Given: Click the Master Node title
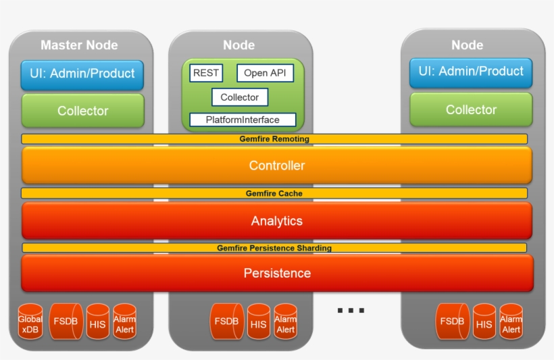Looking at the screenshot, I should pyautogui.click(x=79, y=45).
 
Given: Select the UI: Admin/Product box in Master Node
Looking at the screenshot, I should pyautogui.click(x=82, y=74).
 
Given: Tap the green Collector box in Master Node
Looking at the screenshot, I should pyautogui.click(x=82, y=111).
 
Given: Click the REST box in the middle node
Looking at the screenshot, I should pyautogui.click(x=206, y=73).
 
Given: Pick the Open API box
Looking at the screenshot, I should pyautogui.click(x=265, y=73).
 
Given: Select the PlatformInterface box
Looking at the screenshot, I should pyautogui.click(x=243, y=120).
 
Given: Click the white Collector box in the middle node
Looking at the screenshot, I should pyautogui.click(x=239, y=97).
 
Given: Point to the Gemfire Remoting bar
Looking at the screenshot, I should pyautogui.click(x=274, y=138).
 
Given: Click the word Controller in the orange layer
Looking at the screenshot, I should pyautogui.click(x=276, y=165).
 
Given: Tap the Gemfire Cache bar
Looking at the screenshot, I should pyautogui.click(x=274, y=193).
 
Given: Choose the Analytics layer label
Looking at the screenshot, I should pyautogui.click(x=276, y=221).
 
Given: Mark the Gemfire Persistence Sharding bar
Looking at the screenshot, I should pyautogui.click(x=274, y=248).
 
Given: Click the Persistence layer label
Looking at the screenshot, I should pyautogui.click(x=277, y=273).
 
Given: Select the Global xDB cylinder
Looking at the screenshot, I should pyautogui.click(x=30, y=322).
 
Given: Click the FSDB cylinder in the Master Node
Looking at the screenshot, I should pyautogui.click(x=66, y=322).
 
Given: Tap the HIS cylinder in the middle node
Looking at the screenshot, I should pyautogui.click(x=258, y=322).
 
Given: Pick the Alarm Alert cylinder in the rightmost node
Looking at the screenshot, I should pyautogui.click(x=511, y=322).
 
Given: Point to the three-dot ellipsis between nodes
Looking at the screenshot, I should pyautogui.click(x=351, y=311).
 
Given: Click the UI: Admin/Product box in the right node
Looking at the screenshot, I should pyautogui.click(x=470, y=72).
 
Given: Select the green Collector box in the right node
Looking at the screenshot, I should pyautogui.click(x=471, y=109).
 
